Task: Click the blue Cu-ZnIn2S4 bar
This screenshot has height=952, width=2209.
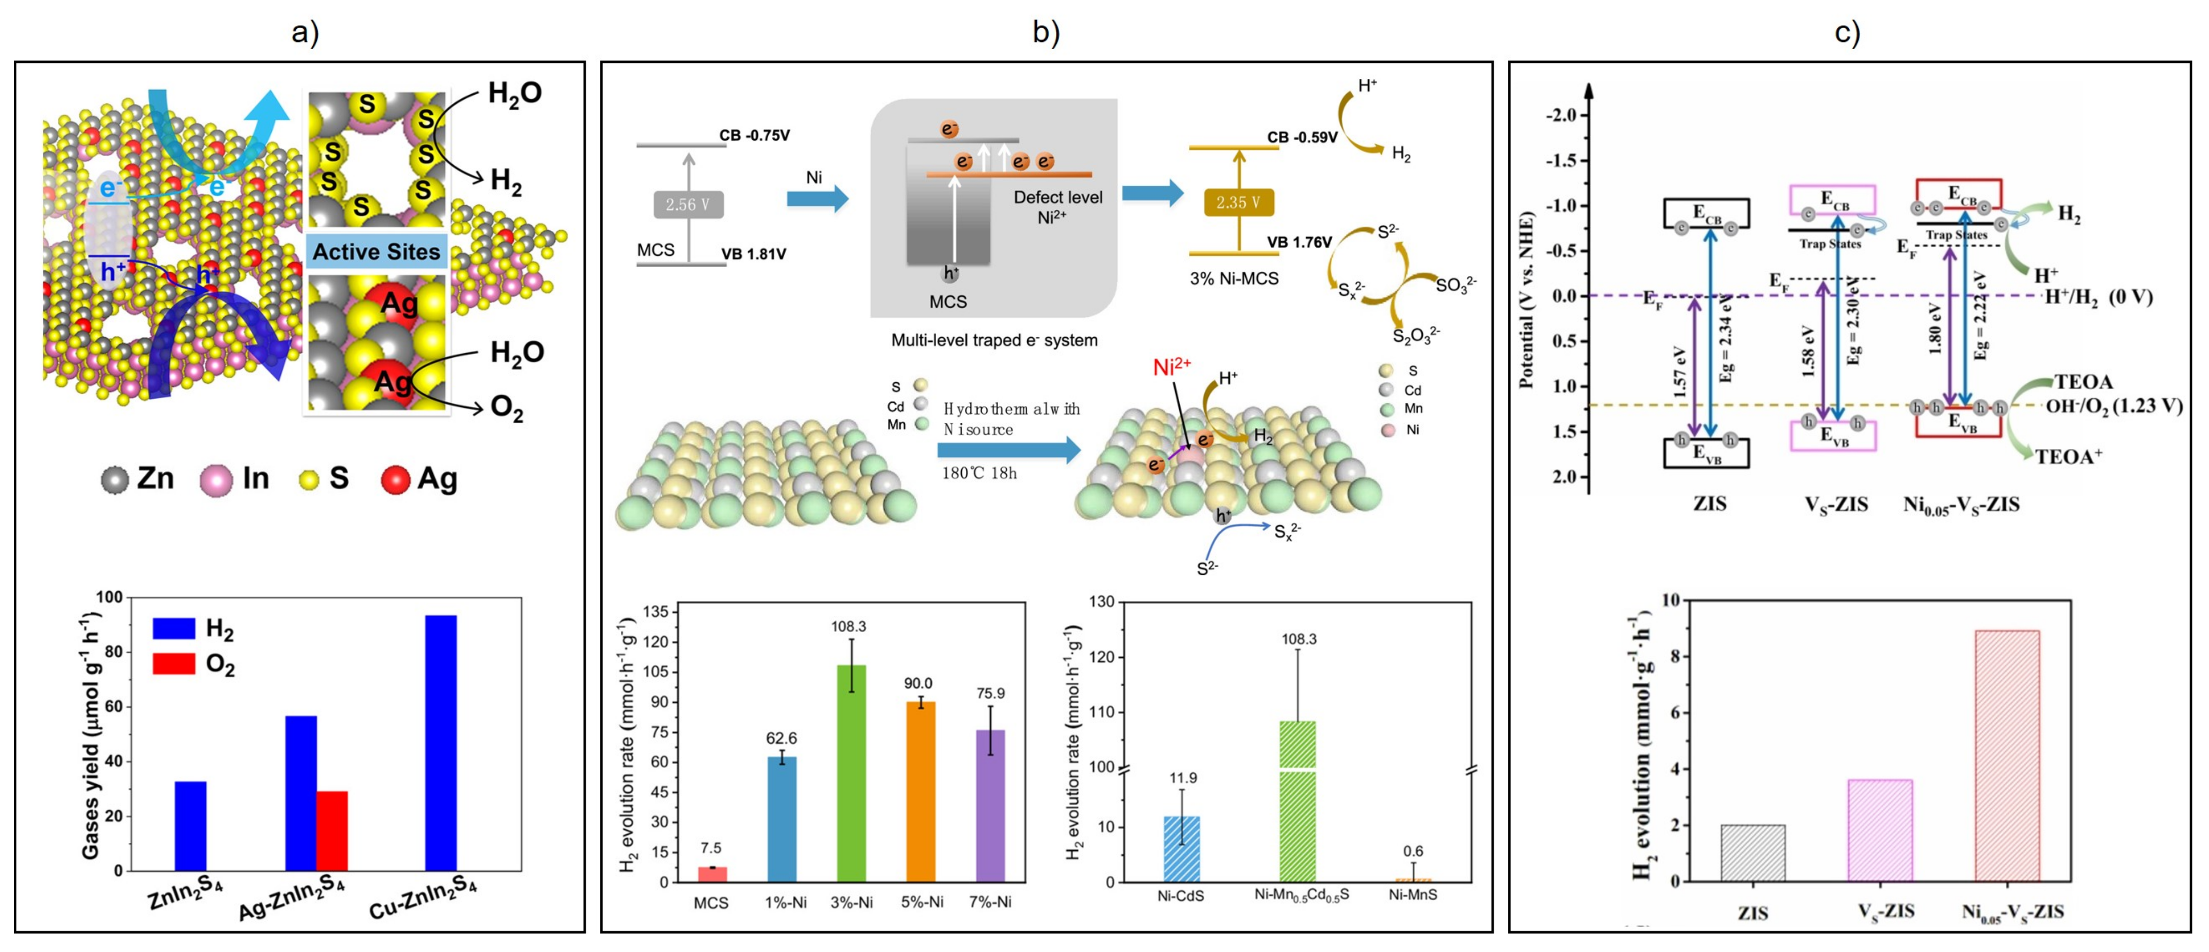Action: tap(441, 743)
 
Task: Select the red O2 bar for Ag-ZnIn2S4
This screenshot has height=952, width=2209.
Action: tap(332, 830)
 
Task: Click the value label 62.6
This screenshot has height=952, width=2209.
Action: tap(781, 738)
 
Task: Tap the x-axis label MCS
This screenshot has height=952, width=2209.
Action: tap(711, 902)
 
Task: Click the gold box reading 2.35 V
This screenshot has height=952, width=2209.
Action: tap(1238, 202)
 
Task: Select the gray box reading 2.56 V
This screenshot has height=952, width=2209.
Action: tap(688, 204)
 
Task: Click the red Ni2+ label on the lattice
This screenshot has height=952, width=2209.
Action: tap(1172, 367)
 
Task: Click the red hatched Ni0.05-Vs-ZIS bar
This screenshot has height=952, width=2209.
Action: tap(2007, 755)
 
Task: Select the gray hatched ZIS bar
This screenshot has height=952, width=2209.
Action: tap(1753, 853)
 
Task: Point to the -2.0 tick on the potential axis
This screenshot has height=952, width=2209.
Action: tap(1561, 115)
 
